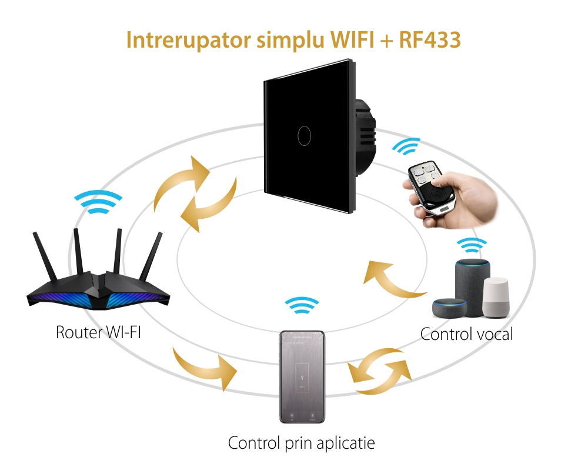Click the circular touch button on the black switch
click(x=304, y=136)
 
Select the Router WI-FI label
click(x=98, y=332)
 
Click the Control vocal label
click(x=466, y=334)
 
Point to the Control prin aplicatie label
click(x=301, y=442)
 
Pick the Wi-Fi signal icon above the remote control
click(x=406, y=147)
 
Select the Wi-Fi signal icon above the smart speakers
click(x=472, y=245)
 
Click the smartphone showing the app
click(x=302, y=376)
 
